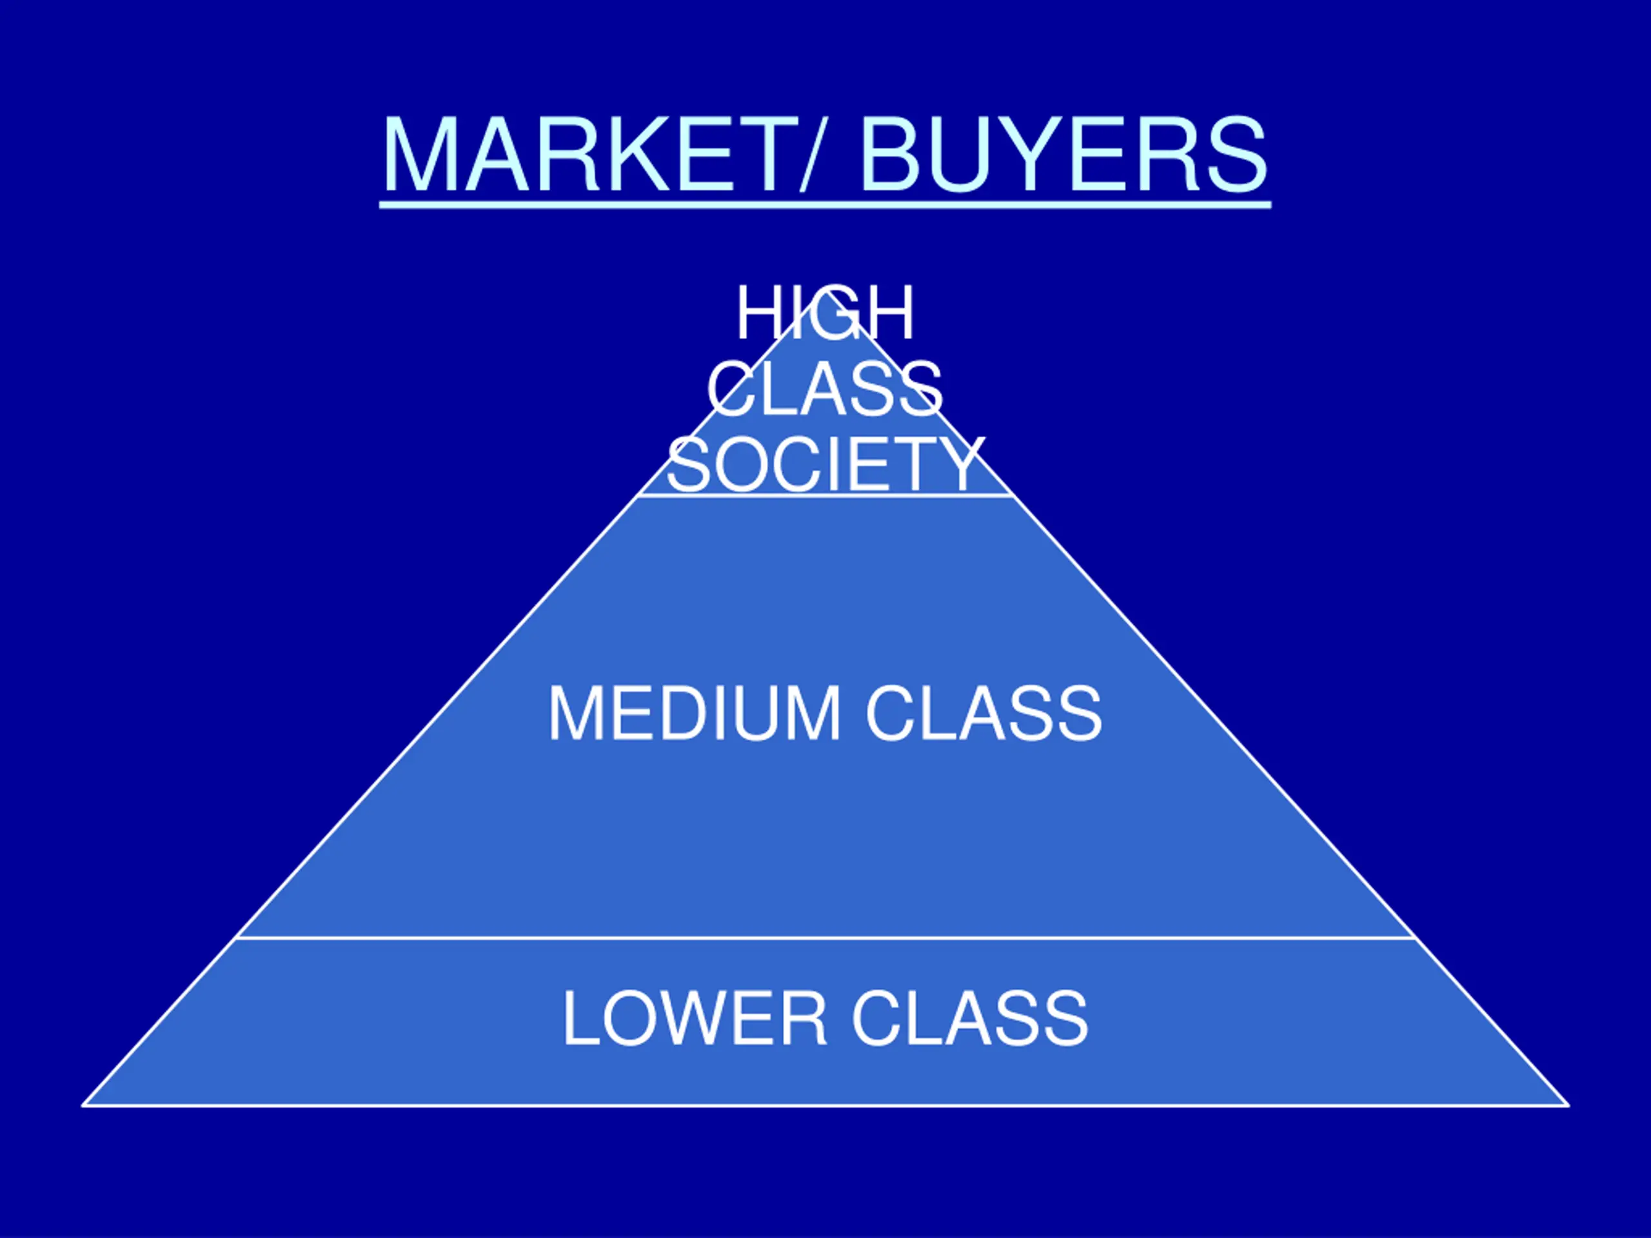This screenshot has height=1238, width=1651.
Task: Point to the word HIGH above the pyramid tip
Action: coord(825,313)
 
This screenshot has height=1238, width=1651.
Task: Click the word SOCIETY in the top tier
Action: coord(825,464)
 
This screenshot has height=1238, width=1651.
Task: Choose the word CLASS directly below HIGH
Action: coord(825,389)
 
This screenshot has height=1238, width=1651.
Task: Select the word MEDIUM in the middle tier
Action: coord(694,714)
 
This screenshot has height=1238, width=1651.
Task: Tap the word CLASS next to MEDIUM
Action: coord(983,714)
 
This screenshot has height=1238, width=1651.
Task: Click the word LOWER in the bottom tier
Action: coord(694,1019)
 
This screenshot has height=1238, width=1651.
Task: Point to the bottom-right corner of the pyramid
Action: coord(1568,1105)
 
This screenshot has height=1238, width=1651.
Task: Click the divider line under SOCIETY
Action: coord(825,495)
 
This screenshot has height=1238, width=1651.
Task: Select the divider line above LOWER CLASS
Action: coord(825,938)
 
